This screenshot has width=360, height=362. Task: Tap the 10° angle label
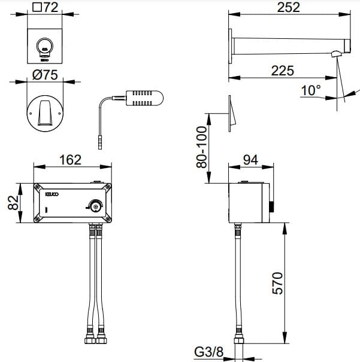[311, 91]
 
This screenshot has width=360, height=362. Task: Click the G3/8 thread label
[210, 352]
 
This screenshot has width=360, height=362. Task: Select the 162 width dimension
[71, 160]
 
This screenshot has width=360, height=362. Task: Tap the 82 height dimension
[11, 202]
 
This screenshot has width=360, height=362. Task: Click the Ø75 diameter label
[45, 75]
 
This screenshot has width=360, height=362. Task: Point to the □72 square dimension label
[45, 8]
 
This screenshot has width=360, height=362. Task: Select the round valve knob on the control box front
[95, 205]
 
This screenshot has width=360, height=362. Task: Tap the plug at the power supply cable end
[98, 144]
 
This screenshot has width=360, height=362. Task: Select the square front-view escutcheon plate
[46, 45]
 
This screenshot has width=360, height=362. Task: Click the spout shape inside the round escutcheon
[46, 112]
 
